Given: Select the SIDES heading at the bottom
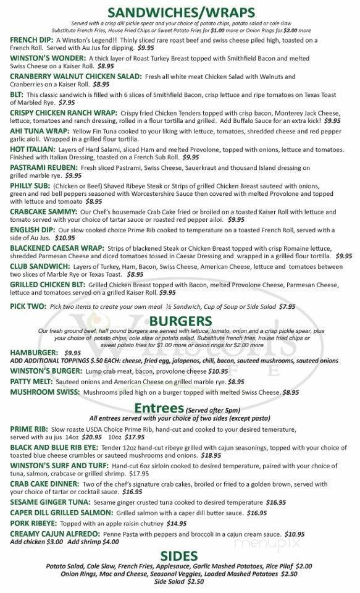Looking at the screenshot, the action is point(180,555).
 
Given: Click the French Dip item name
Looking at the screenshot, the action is point(32,39).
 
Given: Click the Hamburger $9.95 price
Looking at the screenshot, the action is point(72,352).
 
